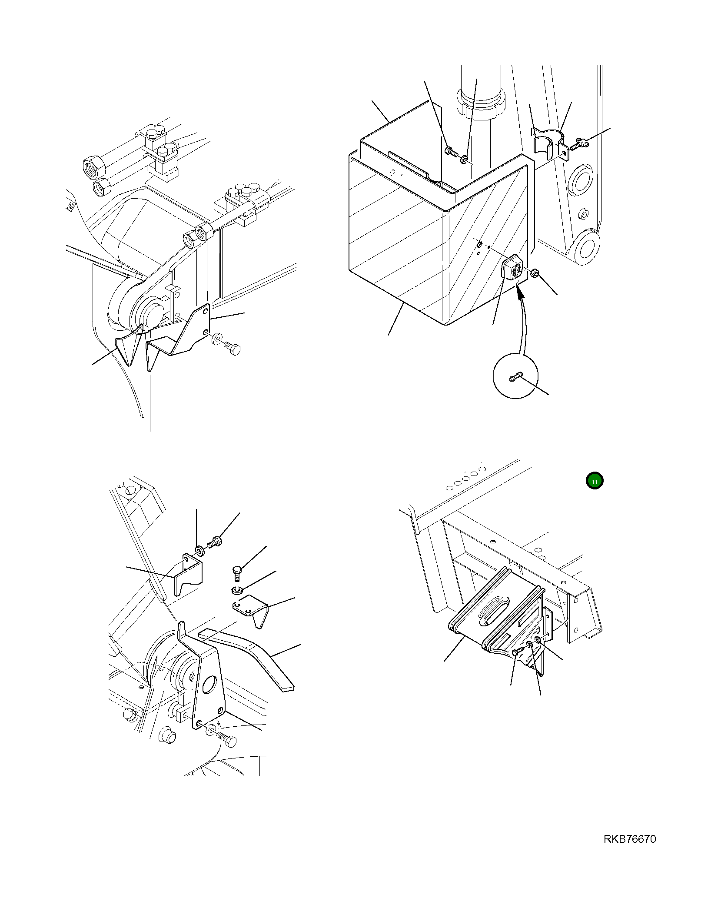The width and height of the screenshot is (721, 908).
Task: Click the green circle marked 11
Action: coord(594,481)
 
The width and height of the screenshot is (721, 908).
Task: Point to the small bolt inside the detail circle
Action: coord(515,378)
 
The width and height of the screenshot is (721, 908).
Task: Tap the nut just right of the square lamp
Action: coord(535,273)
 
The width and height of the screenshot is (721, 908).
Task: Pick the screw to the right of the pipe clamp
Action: coord(579,144)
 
